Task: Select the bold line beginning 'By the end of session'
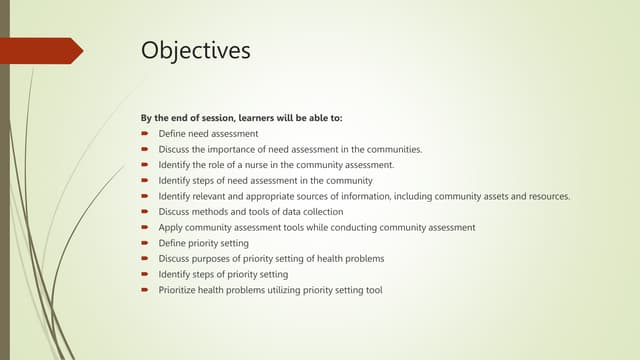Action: (x=241, y=118)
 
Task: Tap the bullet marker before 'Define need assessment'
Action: (x=145, y=133)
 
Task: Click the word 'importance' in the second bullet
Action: (x=239, y=149)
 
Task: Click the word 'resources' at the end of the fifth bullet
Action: (x=546, y=196)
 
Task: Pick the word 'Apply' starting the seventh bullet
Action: (x=171, y=227)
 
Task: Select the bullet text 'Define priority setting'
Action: (x=203, y=243)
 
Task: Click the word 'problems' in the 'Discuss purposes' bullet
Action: (x=364, y=259)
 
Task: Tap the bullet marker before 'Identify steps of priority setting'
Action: (x=145, y=274)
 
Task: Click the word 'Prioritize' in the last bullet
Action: (x=180, y=290)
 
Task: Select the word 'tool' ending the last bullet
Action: (x=373, y=290)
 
